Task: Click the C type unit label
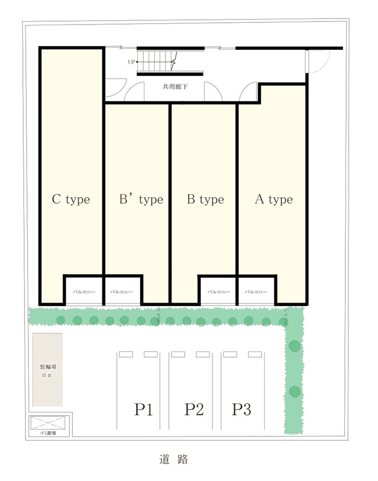coord(71,200)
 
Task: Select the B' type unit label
coord(141,200)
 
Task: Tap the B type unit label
coord(205,200)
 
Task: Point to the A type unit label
coord(274,200)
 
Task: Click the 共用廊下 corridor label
coord(175,87)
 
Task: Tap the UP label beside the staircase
coord(131,62)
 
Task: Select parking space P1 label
coord(143,409)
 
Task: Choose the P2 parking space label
coord(194,409)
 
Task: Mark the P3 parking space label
coord(241,409)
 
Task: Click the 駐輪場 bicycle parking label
coord(48,367)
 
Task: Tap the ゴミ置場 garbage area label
coord(48,433)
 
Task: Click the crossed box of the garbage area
coord(48,423)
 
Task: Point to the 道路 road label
coord(174,459)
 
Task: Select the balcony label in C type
coord(84,292)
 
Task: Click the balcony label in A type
coord(256,292)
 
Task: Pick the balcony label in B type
coord(218,292)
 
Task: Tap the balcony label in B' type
coord(122,292)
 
